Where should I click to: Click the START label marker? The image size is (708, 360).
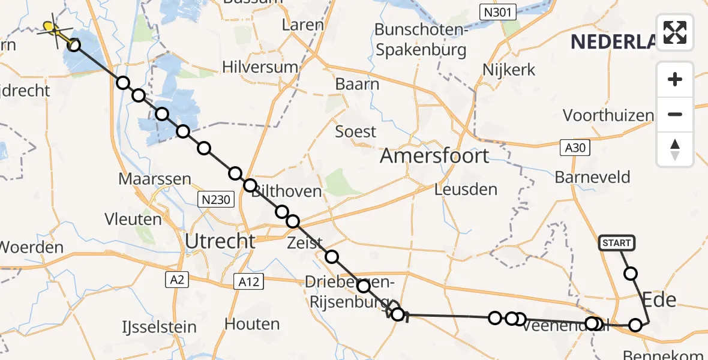(x=616, y=243)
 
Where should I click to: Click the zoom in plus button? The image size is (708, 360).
(x=675, y=79)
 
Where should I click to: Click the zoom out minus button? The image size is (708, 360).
(x=675, y=114)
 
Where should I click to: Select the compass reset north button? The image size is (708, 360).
(x=675, y=149)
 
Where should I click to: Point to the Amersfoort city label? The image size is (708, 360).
(x=434, y=156)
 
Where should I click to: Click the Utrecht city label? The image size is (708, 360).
(x=220, y=241)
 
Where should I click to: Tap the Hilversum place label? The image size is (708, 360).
(x=260, y=67)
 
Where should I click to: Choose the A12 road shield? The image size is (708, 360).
(x=247, y=281)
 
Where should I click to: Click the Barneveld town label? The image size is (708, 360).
(x=592, y=177)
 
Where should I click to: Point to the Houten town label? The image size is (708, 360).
(x=251, y=324)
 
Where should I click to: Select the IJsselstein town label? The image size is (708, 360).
(x=151, y=327)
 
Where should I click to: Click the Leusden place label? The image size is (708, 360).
(x=466, y=190)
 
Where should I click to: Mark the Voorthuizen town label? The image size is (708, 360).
(x=608, y=115)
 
